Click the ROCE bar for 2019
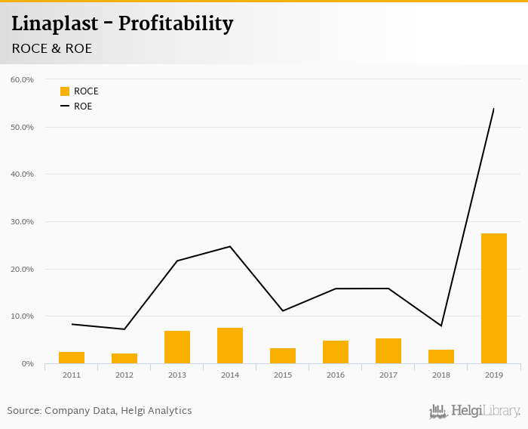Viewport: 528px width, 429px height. point(494,298)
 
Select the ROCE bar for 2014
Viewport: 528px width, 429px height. point(230,346)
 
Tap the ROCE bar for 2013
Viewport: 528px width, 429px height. point(177,347)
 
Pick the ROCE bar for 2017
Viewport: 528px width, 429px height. point(388,351)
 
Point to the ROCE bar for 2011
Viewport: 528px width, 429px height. point(72,357)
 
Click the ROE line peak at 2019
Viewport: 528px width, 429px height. point(493,109)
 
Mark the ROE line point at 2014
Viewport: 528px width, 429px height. point(230,246)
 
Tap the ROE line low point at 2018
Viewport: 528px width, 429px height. point(441,326)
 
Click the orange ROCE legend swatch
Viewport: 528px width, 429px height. point(65,91)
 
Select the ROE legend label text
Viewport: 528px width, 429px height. point(83,106)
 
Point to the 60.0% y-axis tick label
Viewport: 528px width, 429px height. point(23,79)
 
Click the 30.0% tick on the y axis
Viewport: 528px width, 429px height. point(23,222)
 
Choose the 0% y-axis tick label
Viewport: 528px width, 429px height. point(28,364)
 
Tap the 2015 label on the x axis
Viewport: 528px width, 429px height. point(283,375)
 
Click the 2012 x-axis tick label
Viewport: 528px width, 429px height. point(124,375)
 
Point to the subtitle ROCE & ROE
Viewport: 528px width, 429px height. point(51,48)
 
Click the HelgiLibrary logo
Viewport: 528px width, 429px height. point(475,411)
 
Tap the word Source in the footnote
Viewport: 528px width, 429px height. point(23,411)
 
